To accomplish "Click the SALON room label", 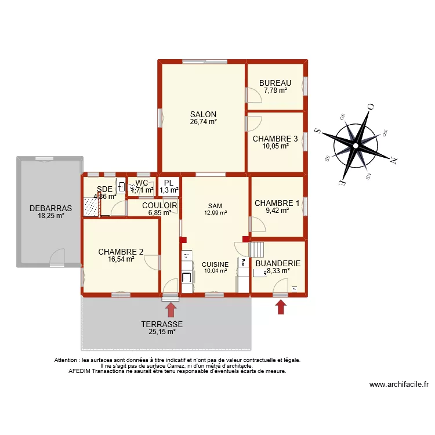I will (x=203, y=114).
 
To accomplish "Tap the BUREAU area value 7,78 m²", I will (x=275, y=90).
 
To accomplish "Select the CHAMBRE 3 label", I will (x=275, y=139).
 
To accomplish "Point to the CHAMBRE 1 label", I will (x=277, y=203).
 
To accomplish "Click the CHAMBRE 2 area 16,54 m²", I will (x=121, y=260).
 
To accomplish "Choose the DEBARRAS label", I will (x=50, y=208).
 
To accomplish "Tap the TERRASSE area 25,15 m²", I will (x=162, y=332).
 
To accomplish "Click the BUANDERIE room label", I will (x=278, y=263).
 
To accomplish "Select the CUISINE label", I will (x=215, y=264).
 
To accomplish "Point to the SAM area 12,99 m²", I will (x=215, y=213).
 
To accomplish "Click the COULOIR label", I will (x=159, y=205).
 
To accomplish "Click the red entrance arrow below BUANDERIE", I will (x=281, y=306).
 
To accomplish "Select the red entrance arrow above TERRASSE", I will (x=171, y=309).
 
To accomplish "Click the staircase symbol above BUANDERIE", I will (x=256, y=249).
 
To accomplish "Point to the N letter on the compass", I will (x=393, y=158).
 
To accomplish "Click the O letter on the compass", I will (x=370, y=107).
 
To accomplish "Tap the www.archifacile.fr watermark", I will (x=398, y=384).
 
